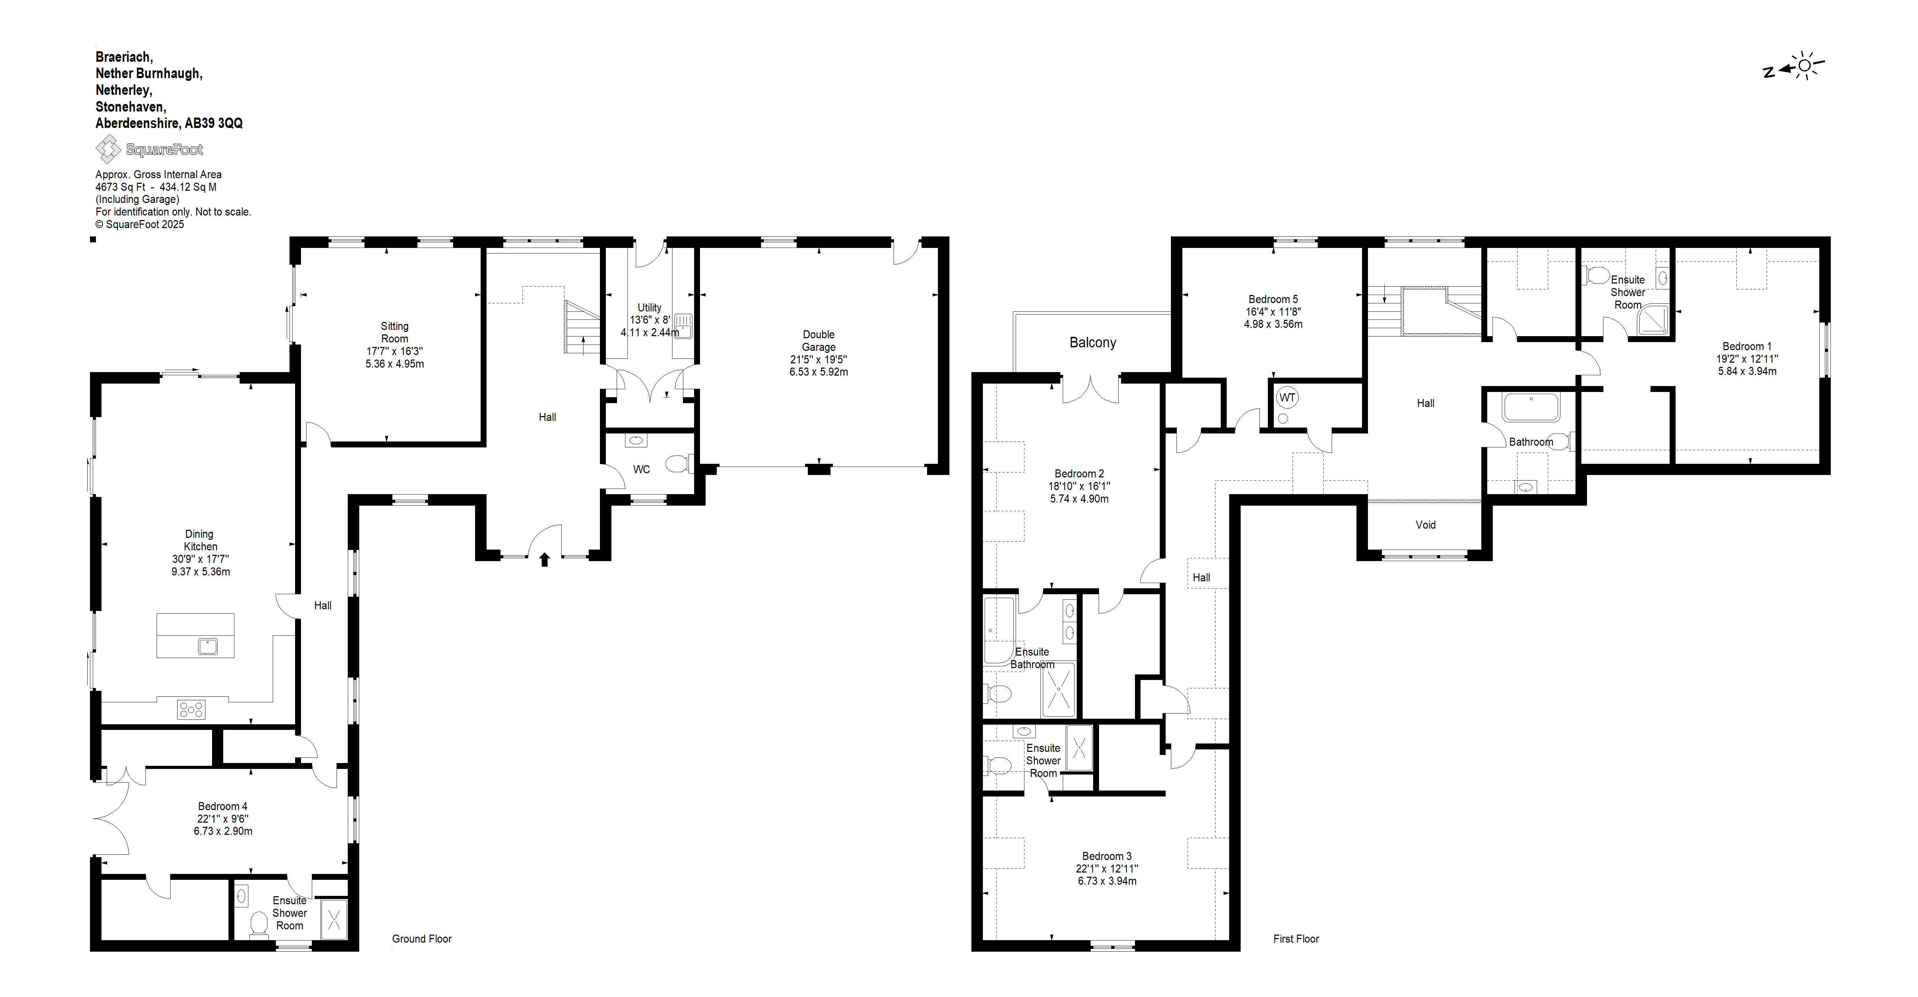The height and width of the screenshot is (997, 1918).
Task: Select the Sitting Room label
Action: [394, 332]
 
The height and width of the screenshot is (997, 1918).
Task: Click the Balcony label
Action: [1092, 342]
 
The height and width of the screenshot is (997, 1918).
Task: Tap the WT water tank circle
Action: [1287, 398]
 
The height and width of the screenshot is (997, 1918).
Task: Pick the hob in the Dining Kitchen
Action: [190, 710]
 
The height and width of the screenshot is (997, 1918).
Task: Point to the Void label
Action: [1425, 525]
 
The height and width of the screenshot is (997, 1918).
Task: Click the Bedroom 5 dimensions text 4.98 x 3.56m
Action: [1273, 324]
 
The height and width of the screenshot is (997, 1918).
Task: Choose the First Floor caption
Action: [1296, 939]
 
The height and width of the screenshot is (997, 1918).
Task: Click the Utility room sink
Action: [683, 325]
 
